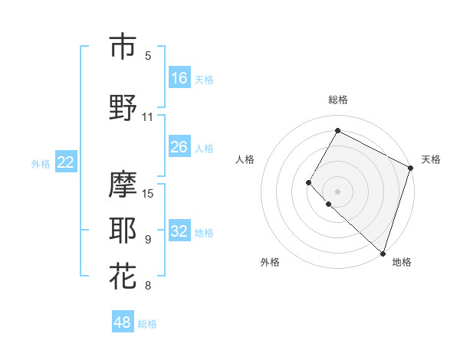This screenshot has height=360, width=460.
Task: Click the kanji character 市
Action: [123, 46]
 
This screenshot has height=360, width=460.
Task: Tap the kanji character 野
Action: [123, 108]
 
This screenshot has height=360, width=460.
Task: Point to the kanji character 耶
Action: [123, 230]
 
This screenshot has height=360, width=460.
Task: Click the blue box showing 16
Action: [179, 78]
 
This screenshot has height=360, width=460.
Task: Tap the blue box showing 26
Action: [179, 147]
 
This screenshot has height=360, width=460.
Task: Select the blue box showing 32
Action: [179, 231]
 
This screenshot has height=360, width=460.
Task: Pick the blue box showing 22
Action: [66, 162]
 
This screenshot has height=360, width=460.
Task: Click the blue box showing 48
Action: [123, 322]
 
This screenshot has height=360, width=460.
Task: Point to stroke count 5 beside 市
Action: [148, 56]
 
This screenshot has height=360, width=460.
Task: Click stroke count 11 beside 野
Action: [148, 117]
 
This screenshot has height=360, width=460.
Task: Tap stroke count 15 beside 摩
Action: [149, 193]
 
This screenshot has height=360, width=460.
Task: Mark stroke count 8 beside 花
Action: [148, 286]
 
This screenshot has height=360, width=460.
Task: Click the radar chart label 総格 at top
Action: [338, 100]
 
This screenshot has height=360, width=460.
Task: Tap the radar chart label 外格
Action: [270, 262]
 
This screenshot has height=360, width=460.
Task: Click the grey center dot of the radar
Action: [338, 191]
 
